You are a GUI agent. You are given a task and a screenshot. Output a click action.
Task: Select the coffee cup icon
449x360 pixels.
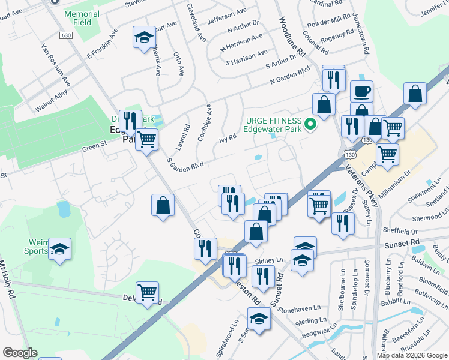coord(361,92)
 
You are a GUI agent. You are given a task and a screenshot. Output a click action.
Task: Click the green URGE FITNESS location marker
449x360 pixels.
coord(310,125)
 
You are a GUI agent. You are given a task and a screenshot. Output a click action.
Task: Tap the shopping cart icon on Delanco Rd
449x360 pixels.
coord(147,293)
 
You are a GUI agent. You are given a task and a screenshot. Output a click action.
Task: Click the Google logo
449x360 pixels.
coord(20,353)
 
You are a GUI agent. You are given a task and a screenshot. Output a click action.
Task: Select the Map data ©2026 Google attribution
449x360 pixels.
coord(412,355)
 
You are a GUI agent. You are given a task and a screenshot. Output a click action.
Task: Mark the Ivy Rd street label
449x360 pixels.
coord(228,138)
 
